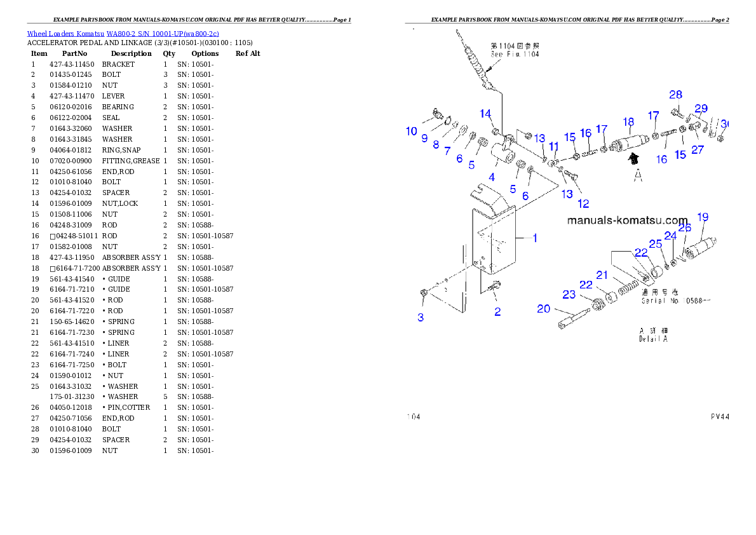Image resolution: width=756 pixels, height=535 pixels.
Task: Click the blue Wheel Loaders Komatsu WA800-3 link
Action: click(x=123, y=34)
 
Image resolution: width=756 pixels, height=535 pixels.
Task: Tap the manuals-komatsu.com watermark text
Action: click(x=627, y=220)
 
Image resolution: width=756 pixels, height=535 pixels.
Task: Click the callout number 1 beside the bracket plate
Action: click(x=535, y=238)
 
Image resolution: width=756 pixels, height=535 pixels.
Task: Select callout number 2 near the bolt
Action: click(x=497, y=311)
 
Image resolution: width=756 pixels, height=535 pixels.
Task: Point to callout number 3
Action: click(x=421, y=317)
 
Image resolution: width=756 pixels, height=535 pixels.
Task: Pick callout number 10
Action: click(x=412, y=132)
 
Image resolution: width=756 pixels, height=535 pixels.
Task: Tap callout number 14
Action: click(x=485, y=114)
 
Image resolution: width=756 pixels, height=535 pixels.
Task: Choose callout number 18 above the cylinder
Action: click(x=628, y=121)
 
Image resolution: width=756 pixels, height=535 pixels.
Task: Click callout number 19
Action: click(x=703, y=217)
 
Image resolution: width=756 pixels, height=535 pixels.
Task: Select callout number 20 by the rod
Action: click(x=543, y=308)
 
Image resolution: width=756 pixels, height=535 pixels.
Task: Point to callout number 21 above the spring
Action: click(x=602, y=274)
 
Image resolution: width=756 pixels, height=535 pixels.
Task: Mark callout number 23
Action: click(x=569, y=294)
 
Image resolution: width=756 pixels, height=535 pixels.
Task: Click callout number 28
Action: click(x=675, y=95)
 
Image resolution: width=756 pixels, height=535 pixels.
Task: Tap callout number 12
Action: click(x=583, y=203)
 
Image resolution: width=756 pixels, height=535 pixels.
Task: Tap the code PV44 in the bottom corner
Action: click(x=720, y=417)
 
